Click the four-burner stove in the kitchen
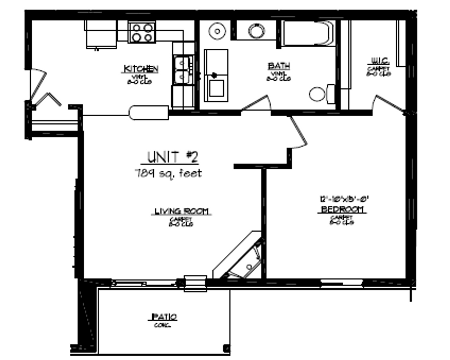[142, 32]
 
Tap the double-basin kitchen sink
[183, 70]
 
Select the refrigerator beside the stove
[101, 34]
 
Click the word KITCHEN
[141, 69]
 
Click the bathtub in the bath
[308, 33]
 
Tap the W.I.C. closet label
[379, 61]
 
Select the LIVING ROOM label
[182, 211]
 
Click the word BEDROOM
[342, 210]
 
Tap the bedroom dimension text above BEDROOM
[342, 199]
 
